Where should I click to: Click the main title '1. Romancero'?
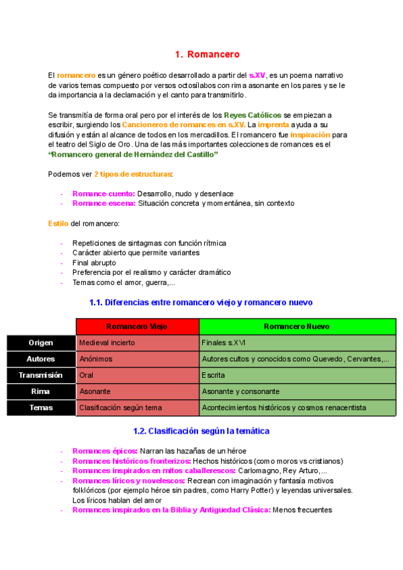click(x=207, y=54)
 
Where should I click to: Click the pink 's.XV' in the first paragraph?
click(x=257, y=76)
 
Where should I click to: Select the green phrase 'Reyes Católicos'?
click(x=253, y=115)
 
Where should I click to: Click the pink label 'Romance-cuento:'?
click(x=103, y=194)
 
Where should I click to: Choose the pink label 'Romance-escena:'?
click(x=104, y=203)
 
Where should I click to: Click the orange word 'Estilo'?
click(x=58, y=223)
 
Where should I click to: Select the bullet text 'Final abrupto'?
click(x=94, y=263)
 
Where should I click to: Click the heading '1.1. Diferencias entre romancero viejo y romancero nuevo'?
click(x=201, y=302)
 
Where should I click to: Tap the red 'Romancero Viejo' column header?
click(x=137, y=326)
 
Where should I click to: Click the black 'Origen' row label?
click(x=40, y=343)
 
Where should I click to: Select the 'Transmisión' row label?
click(x=40, y=375)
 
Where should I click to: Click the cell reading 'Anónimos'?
click(x=95, y=359)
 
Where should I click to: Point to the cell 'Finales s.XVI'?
click(x=224, y=343)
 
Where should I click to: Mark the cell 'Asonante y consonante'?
click(x=240, y=391)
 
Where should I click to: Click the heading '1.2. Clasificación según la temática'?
click(x=201, y=430)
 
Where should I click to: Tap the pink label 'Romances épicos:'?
click(x=105, y=451)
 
